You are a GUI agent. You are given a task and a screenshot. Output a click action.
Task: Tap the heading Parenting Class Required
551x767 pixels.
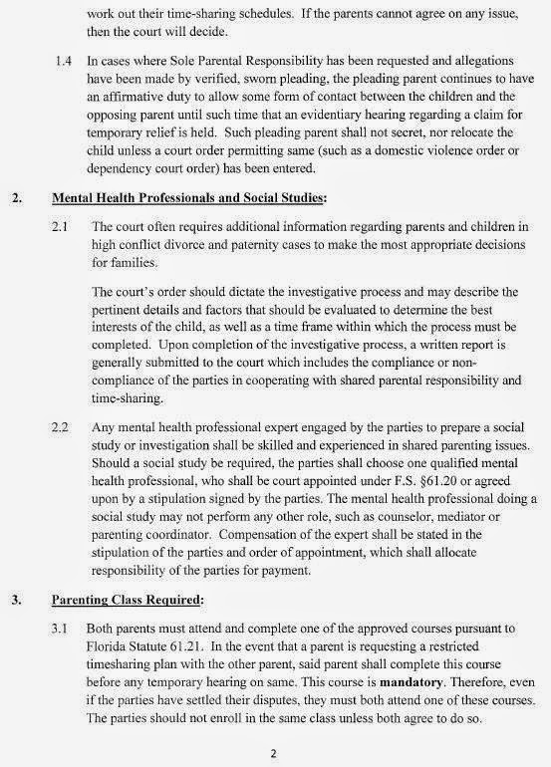click(x=142, y=601)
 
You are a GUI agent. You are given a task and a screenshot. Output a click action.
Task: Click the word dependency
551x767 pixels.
click(x=123, y=173)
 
